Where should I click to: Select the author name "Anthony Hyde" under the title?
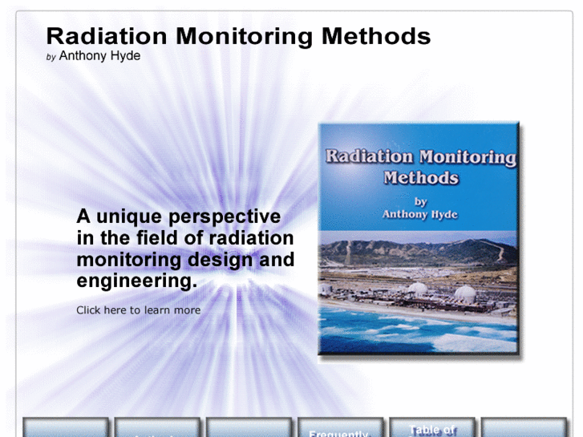[x=99, y=56]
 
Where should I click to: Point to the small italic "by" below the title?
[x=51, y=57]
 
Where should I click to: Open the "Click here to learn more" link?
[x=138, y=310]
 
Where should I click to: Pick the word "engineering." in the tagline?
[x=136, y=281]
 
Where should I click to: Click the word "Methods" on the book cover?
[x=421, y=178]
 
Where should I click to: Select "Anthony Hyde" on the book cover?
[x=420, y=214]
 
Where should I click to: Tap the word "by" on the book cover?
[x=421, y=201]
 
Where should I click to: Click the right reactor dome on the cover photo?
[x=466, y=293]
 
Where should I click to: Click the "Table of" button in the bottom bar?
[x=432, y=429]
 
